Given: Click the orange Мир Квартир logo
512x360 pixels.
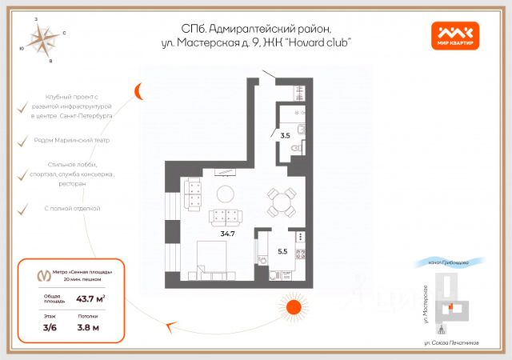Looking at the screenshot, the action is (x=456, y=34).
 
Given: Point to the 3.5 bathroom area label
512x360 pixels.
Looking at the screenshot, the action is (x=285, y=136).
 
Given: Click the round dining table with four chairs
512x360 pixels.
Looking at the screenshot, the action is (x=279, y=205).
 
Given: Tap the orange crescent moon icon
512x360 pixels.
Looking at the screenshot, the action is (x=139, y=90).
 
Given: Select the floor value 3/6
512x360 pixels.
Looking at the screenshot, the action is (x=50, y=326).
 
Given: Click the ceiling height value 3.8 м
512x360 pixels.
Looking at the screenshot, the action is (x=88, y=326).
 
